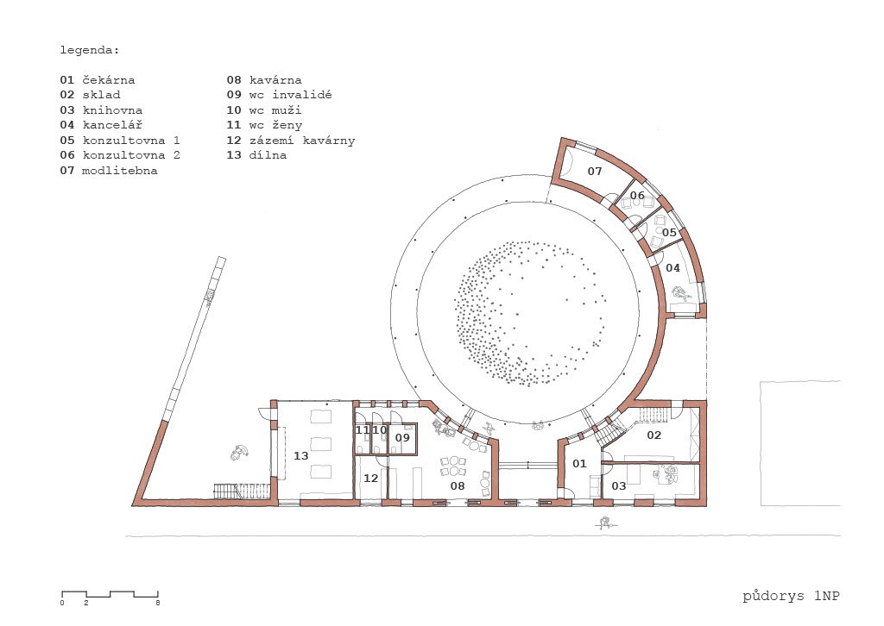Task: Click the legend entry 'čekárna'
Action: click(x=109, y=80)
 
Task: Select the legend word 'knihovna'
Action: click(x=113, y=110)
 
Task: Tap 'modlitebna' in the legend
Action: click(x=119, y=170)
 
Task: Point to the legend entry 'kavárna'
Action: click(x=275, y=80)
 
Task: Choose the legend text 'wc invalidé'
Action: click(x=290, y=95)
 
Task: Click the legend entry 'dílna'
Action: click(x=268, y=155)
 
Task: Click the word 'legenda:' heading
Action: click(x=90, y=50)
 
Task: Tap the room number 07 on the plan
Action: click(x=595, y=171)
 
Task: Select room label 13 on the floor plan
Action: click(x=301, y=455)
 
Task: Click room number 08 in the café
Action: click(x=458, y=485)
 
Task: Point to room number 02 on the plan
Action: click(x=654, y=435)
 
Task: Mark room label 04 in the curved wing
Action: click(x=672, y=268)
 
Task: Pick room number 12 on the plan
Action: click(x=370, y=478)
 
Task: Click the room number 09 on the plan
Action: click(x=402, y=437)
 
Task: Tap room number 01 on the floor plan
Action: click(x=579, y=463)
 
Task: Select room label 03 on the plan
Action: click(x=618, y=485)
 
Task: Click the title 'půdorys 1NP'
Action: click(x=791, y=596)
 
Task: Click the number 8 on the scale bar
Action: click(x=158, y=603)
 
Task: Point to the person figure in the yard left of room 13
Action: click(x=240, y=452)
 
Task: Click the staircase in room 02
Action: click(x=654, y=415)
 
